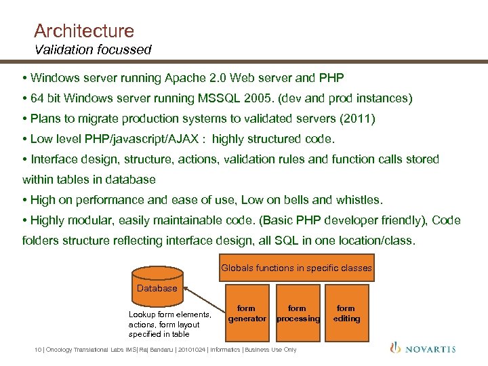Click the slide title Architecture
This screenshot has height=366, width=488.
(84, 31)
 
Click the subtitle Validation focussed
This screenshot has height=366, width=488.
(93, 49)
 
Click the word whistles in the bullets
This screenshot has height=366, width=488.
(358, 200)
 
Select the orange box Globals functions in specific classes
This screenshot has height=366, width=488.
(296, 268)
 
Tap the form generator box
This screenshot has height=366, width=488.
(247, 313)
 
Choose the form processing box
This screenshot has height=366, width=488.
(297, 313)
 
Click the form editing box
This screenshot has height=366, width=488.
(346, 313)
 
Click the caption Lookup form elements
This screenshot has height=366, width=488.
(169, 314)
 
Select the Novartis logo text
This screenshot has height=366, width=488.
(431, 349)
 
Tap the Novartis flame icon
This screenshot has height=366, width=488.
(396, 348)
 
